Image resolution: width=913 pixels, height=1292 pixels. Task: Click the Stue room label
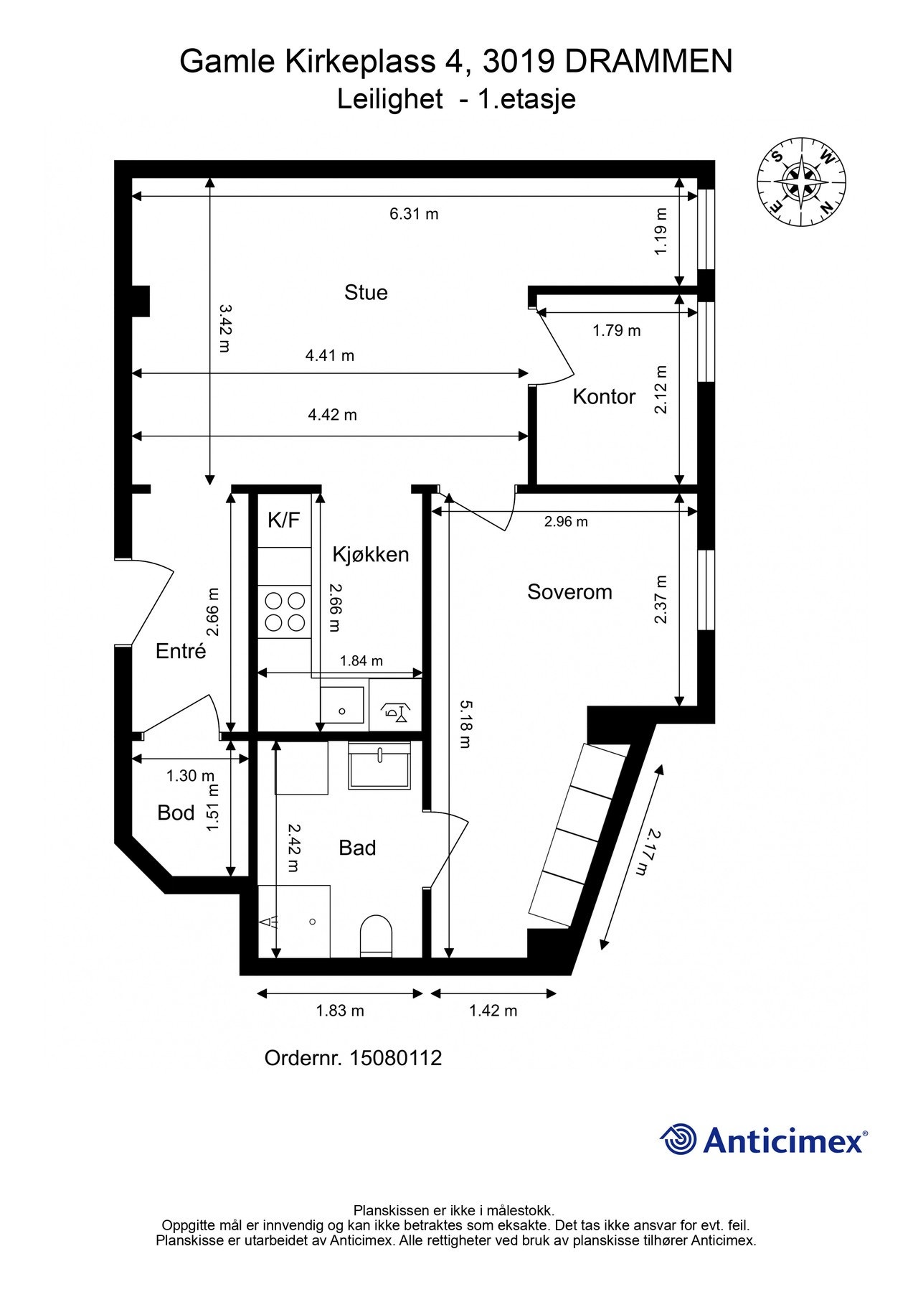pyautogui.click(x=366, y=292)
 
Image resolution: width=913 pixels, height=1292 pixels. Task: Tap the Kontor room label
pyautogui.click(x=603, y=397)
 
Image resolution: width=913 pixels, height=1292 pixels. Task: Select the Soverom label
pyautogui.click(x=569, y=592)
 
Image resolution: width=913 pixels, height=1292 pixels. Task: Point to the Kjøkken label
pyautogui.click(x=370, y=554)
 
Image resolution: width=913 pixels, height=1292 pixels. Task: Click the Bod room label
pyautogui.click(x=176, y=813)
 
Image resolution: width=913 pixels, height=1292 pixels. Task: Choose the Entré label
pyautogui.click(x=181, y=651)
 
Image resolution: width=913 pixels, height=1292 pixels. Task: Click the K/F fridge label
pyautogui.click(x=283, y=520)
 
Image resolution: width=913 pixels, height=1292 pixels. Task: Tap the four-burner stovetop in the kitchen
pyautogui.click(x=284, y=612)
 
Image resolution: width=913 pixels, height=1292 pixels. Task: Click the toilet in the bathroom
pyautogui.click(x=376, y=935)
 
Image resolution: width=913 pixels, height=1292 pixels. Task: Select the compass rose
pyautogui.click(x=801, y=182)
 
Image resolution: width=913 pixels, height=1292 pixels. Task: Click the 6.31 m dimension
pyautogui.click(x=414, y=214)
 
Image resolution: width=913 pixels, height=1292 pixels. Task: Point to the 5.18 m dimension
pyautogui.click(x=465, y=725)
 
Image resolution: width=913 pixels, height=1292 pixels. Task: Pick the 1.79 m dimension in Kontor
pyautogui.click(x=616, y=331)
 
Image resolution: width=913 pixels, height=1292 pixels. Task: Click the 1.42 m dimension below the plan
pyautogui.click(x=493, y=1011)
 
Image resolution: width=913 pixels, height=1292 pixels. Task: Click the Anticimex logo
pyautogui.click(x=763, y=1140)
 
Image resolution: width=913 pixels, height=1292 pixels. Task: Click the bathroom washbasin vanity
pyautogui.click(x=379, y=766)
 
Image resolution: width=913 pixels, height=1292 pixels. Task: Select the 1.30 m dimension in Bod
pyautogui.click(x=190, y=776)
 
